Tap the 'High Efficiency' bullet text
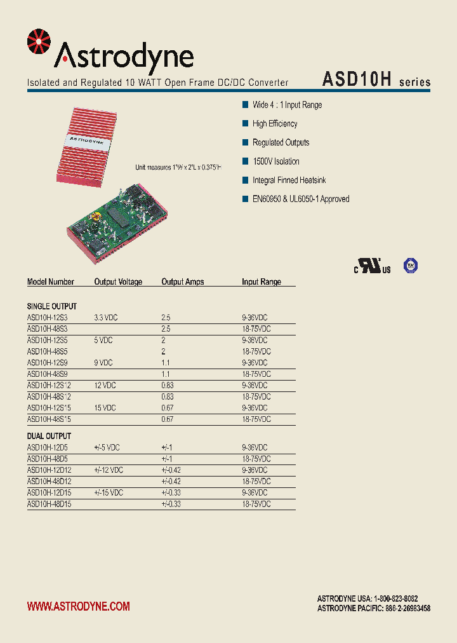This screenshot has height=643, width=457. [274, 124]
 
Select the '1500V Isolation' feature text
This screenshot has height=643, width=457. [275, 161]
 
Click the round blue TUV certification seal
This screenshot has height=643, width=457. [411, 266]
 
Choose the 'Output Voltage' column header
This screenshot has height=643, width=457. [118, 282]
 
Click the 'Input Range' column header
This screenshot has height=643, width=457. [261, 282]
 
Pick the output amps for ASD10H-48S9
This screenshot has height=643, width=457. [166, 374]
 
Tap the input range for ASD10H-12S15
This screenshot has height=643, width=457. [255, 408]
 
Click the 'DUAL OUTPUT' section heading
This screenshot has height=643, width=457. [49, 437]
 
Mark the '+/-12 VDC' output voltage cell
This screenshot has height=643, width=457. [108, 470]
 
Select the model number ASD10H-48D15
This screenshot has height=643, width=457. [49, 504]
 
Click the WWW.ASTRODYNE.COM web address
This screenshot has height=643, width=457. [78, 607]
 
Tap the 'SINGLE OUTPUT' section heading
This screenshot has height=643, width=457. [51, 306]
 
